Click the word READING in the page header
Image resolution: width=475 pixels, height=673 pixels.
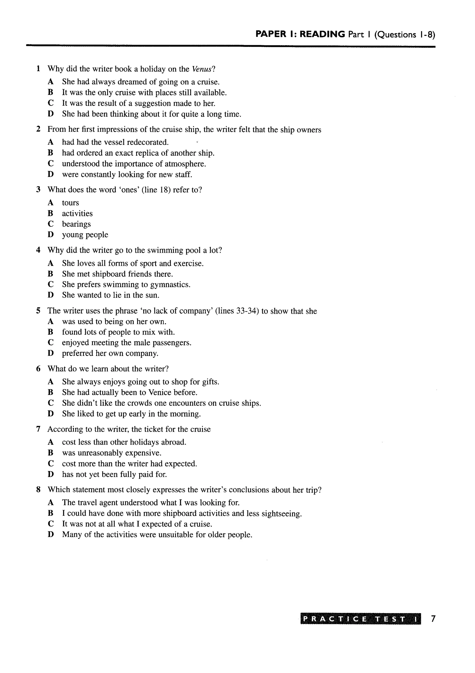tap(322, 34)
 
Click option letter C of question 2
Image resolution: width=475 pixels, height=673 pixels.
tap(51, 164)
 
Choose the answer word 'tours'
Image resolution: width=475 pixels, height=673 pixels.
tap(70, 203)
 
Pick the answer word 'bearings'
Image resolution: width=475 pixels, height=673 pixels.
tap(76, 224)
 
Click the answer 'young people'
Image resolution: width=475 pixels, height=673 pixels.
tap(85, 235)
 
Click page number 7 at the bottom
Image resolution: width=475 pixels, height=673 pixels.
tap(433, 619)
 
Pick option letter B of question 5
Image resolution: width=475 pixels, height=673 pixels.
tap(51, 332)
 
